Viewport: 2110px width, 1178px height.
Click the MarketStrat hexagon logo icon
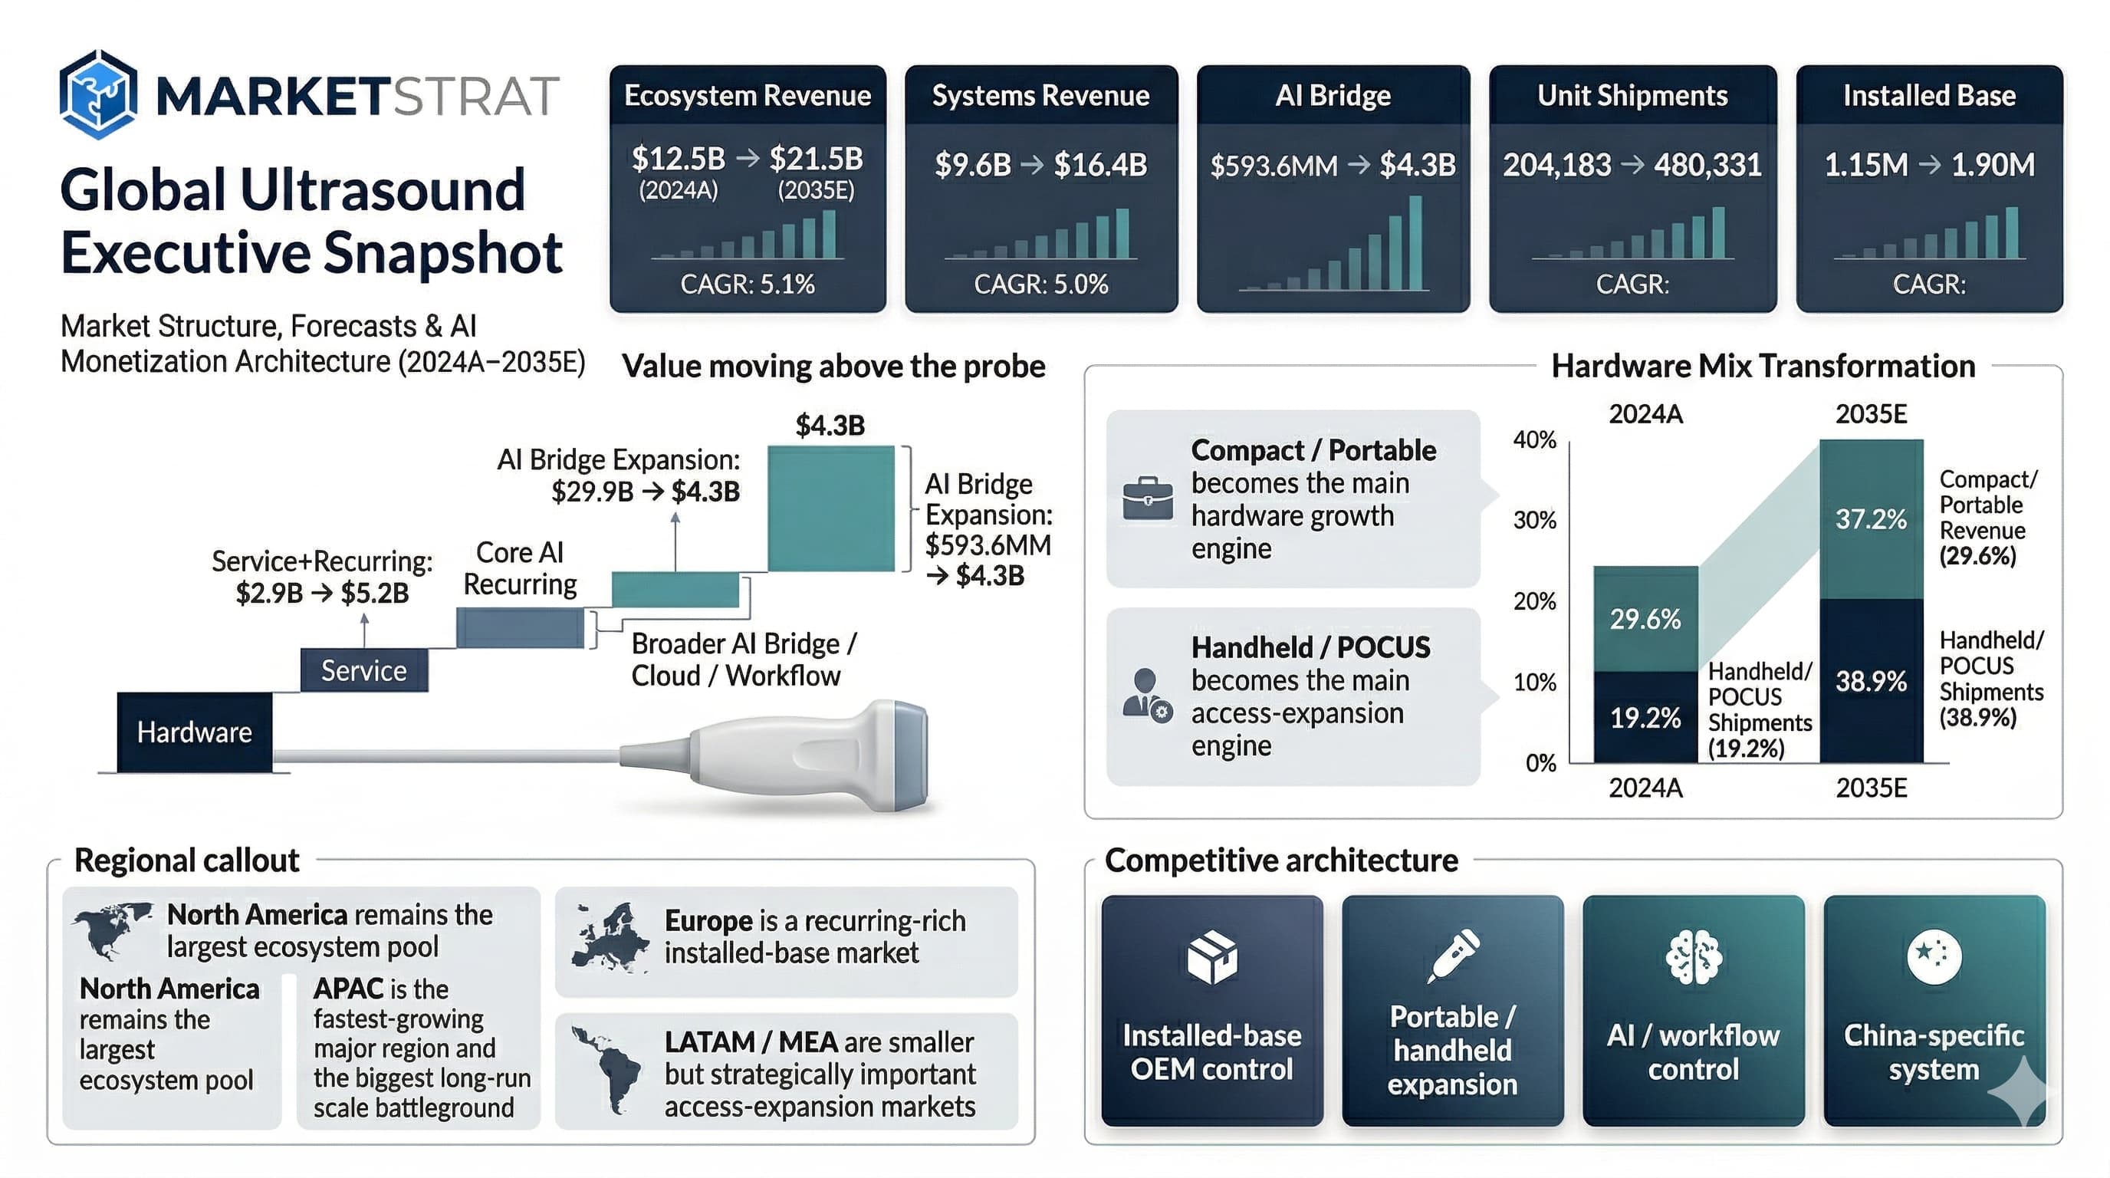[97, 95]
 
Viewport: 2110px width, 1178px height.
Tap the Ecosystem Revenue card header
[747, 96]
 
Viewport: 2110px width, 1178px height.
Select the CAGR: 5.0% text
[1040, 285]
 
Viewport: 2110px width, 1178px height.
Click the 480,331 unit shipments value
[1707, 166]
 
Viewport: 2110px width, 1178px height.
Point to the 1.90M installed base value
[1992, 166]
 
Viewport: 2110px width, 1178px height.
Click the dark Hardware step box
[194, 732]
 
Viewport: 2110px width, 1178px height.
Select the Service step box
[363, 671]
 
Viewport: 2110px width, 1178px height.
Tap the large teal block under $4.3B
[830, 508]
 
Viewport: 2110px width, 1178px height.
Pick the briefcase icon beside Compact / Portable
[1147, 497]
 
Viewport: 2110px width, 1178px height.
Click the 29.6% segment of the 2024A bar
[1645, 618]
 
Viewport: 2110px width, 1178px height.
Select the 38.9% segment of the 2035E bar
[1871, 681]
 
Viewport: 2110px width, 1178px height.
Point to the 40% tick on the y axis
[1534, 440]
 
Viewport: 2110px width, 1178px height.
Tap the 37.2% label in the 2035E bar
[1871, 518]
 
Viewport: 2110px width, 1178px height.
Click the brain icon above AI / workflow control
[1693, 956]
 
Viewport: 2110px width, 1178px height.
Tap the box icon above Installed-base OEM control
[1211, 956]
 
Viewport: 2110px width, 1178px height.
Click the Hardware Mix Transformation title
[1763, 366]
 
